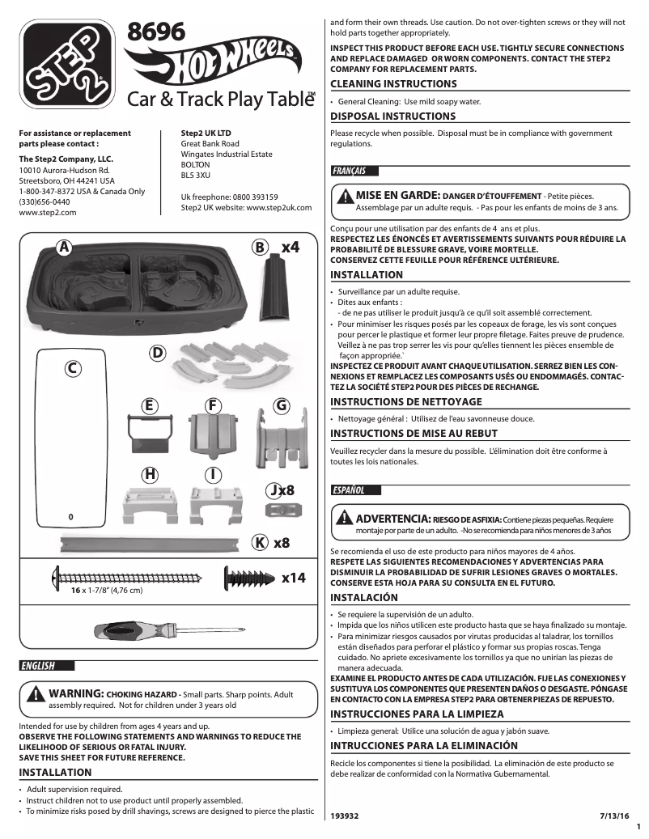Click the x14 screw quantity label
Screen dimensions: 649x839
[x=293, y=578]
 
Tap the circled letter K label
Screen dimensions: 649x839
[x=260, y=543]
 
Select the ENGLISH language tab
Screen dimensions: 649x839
[x=39, y=666]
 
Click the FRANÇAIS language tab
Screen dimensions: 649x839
[x=350, y=171]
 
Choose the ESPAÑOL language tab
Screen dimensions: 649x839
[x=349, y=490]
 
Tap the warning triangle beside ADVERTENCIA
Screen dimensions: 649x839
[x=345, y=518]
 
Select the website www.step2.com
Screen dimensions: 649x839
[x=47, y=212]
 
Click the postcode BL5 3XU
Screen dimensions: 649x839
[x=195, y=175]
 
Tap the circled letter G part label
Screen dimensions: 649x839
[x=282, y=405]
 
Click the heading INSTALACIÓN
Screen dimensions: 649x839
[x=364, y=598]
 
